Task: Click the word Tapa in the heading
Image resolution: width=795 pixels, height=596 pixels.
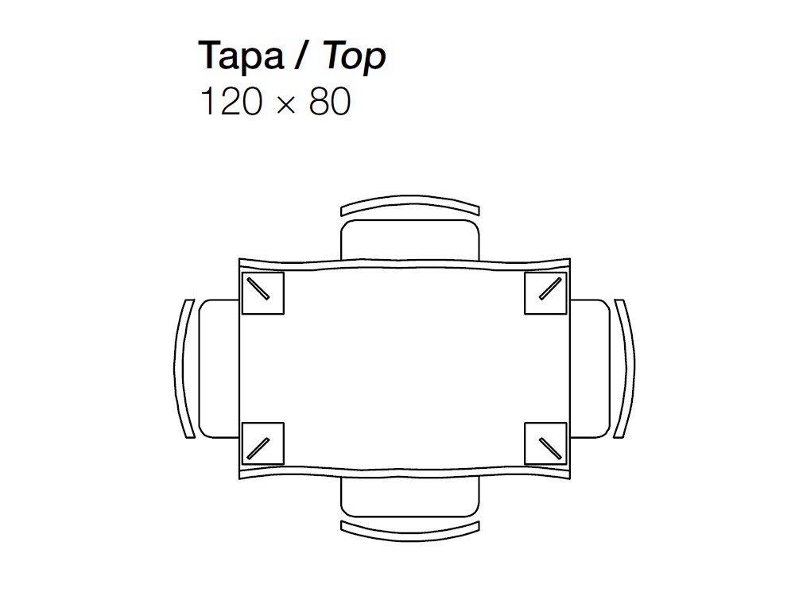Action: coord(241,56)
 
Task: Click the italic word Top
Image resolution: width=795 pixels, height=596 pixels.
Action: coord(354,56)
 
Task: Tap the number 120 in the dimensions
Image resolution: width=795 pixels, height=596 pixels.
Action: coord(231,101)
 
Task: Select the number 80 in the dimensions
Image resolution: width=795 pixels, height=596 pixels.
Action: coord(330,101)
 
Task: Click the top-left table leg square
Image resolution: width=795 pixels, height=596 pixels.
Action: coord(262,293)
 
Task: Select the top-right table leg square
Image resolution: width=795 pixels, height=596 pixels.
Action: coord(545,293)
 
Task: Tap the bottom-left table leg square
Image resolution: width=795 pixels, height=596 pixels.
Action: coord(262,443)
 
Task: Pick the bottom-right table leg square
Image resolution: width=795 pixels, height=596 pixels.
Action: coord(545,443)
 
